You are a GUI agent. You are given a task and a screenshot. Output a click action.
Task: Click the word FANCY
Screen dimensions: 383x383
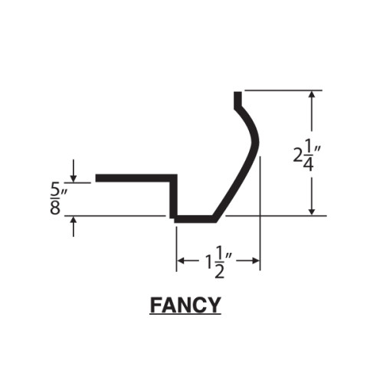pyautogui.click(x=185, y=306)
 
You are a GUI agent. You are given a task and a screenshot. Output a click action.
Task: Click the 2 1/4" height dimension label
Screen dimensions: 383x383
pyautogui.click(x=306, y=156)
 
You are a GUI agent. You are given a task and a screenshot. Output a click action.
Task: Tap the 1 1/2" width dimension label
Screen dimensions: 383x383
pyautogui.click(x=218, y=263)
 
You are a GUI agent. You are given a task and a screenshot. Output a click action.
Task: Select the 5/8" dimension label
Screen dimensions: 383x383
pyautogui.click(x=58, y=199)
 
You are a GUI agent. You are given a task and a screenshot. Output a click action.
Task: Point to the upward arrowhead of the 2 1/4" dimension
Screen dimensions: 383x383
pyautogui.click(x=312, y=94)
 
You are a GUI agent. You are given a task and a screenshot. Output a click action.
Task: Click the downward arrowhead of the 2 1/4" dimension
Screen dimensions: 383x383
pyautogui.click(x=312, y=212)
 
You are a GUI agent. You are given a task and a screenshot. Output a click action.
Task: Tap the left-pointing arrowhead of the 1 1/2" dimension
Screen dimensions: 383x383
pyautogui.click(x=181, y=260)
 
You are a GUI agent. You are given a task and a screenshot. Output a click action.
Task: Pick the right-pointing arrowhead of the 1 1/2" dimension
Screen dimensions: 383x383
pyautogui.click(x=256, y=260)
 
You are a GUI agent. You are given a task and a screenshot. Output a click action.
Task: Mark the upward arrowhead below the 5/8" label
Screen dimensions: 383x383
pyautogui.click(x=74, y=220)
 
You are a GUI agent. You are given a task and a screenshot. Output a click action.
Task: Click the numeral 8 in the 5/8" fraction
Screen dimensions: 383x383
pyautogui.click(x=55, y=208)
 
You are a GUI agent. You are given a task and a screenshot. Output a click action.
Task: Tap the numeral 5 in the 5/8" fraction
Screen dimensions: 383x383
pyautogui.click(x=55, y=190)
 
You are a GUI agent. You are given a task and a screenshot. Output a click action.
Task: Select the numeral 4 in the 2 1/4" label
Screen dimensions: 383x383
pyautogui.click(x=308, y=164)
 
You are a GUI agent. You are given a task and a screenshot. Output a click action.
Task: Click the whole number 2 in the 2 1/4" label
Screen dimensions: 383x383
pyautogui.click(x=297, y=155)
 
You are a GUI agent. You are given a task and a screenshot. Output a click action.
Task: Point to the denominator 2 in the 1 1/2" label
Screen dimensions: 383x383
pyautogui.click(x=219, y=271)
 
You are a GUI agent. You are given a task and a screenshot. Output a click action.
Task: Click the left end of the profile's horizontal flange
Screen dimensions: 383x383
pyautogui.click(x=96, y=178)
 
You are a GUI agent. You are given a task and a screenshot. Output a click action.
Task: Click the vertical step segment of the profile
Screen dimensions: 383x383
pyautogui.click(x=174, y=197)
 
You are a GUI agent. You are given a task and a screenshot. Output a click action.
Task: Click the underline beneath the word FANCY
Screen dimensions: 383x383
pyautogui.click(x=185, y=315)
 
